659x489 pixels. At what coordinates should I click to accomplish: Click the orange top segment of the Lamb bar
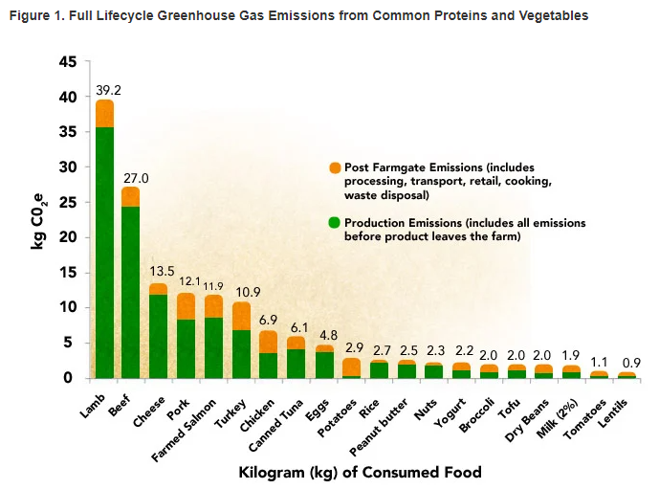tap(104, 114)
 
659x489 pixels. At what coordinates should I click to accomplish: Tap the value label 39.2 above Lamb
tap(107, 90)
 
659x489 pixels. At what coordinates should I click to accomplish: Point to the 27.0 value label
tap(135, 177)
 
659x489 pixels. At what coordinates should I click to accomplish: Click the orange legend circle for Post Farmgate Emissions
tap(334, 167)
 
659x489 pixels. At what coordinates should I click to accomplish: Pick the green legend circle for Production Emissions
tap(334, 223)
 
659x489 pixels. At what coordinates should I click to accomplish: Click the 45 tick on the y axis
tap(68, 62)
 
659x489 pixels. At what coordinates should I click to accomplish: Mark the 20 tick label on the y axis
tap(68, 237)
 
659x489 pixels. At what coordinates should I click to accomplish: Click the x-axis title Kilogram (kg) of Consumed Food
tap(359, 473)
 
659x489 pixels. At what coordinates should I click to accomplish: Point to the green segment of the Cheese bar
tap(159, 335)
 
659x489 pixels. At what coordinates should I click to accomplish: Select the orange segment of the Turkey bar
tap(242, 316)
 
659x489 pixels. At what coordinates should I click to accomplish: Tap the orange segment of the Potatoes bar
tap(352, 367)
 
